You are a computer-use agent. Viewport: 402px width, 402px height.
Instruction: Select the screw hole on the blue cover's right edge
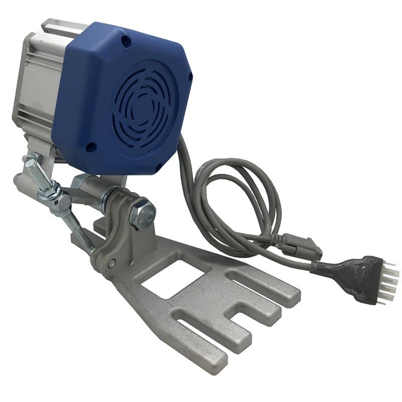click(190, 76)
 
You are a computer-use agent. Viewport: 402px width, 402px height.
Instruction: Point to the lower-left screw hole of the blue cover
click(91, 147)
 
